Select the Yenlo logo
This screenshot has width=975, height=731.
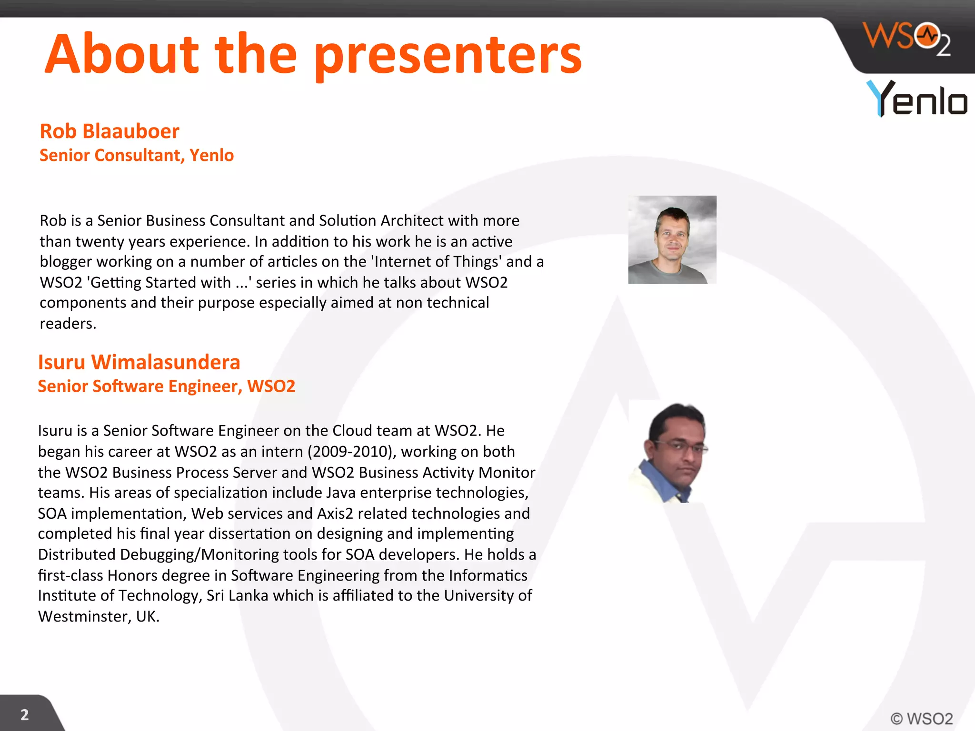(x=916, y=99)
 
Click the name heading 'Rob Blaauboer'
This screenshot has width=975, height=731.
(x=109, y=131)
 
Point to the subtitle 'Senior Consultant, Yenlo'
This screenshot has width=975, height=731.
(x=137, y=155)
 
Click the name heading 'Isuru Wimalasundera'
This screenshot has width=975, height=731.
(x=139, y=362)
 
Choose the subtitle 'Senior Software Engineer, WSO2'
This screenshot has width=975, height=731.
(x=167, y=386)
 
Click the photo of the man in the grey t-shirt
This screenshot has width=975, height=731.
(x=672, y=240)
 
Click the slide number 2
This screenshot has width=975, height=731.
(x=25, y=715)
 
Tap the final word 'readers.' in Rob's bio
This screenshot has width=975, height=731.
(x=68, y=324)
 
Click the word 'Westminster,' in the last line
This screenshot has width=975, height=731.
(x=84, y=616)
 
